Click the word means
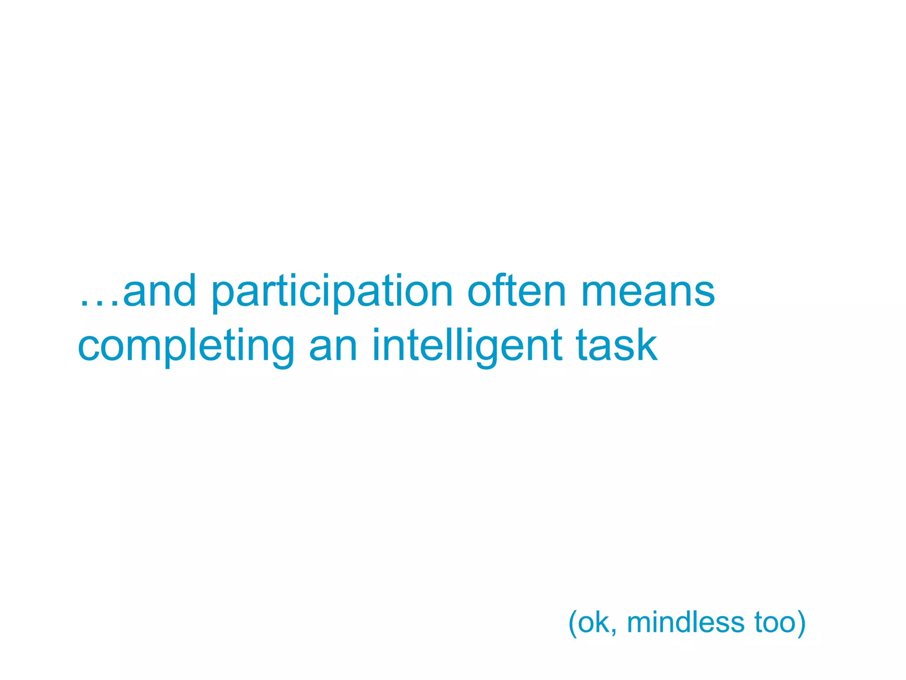pyautogui.click(x=648, y=292)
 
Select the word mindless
pyautogui.click(x=686, y=622)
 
